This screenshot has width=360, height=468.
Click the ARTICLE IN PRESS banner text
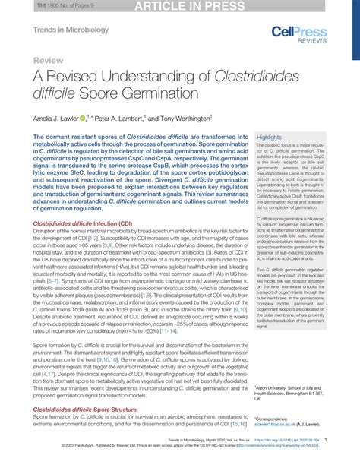(180, 6)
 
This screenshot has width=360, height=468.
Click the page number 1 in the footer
(326, 439)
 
